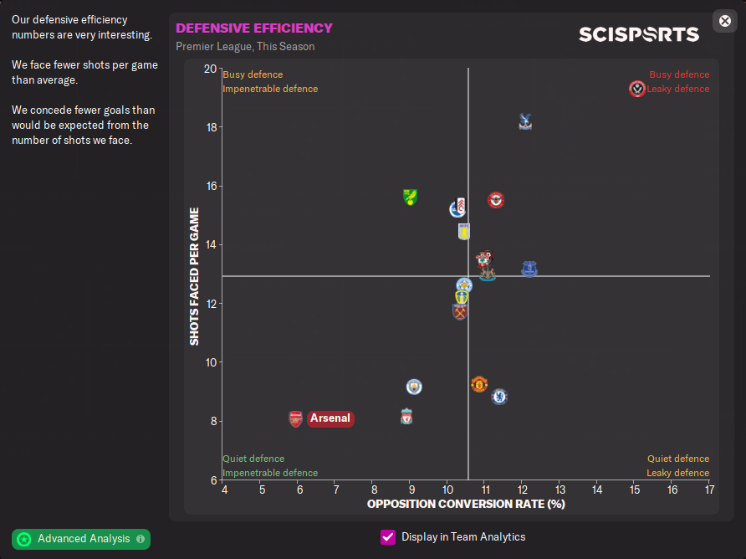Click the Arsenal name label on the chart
330,418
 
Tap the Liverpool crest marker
406,416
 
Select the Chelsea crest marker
499,396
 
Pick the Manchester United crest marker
478,384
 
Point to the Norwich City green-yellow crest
410,197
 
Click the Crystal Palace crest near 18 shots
524,121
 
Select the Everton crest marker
529,269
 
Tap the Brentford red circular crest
496,200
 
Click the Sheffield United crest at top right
637,89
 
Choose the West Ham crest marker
459,311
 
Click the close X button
725,21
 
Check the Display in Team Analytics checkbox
388,537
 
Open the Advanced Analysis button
81,539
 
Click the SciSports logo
639,34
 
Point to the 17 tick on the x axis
709,489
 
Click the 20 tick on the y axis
209,69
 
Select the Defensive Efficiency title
254,28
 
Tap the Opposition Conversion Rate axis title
466,504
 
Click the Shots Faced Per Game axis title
194,276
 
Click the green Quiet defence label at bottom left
253,459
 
